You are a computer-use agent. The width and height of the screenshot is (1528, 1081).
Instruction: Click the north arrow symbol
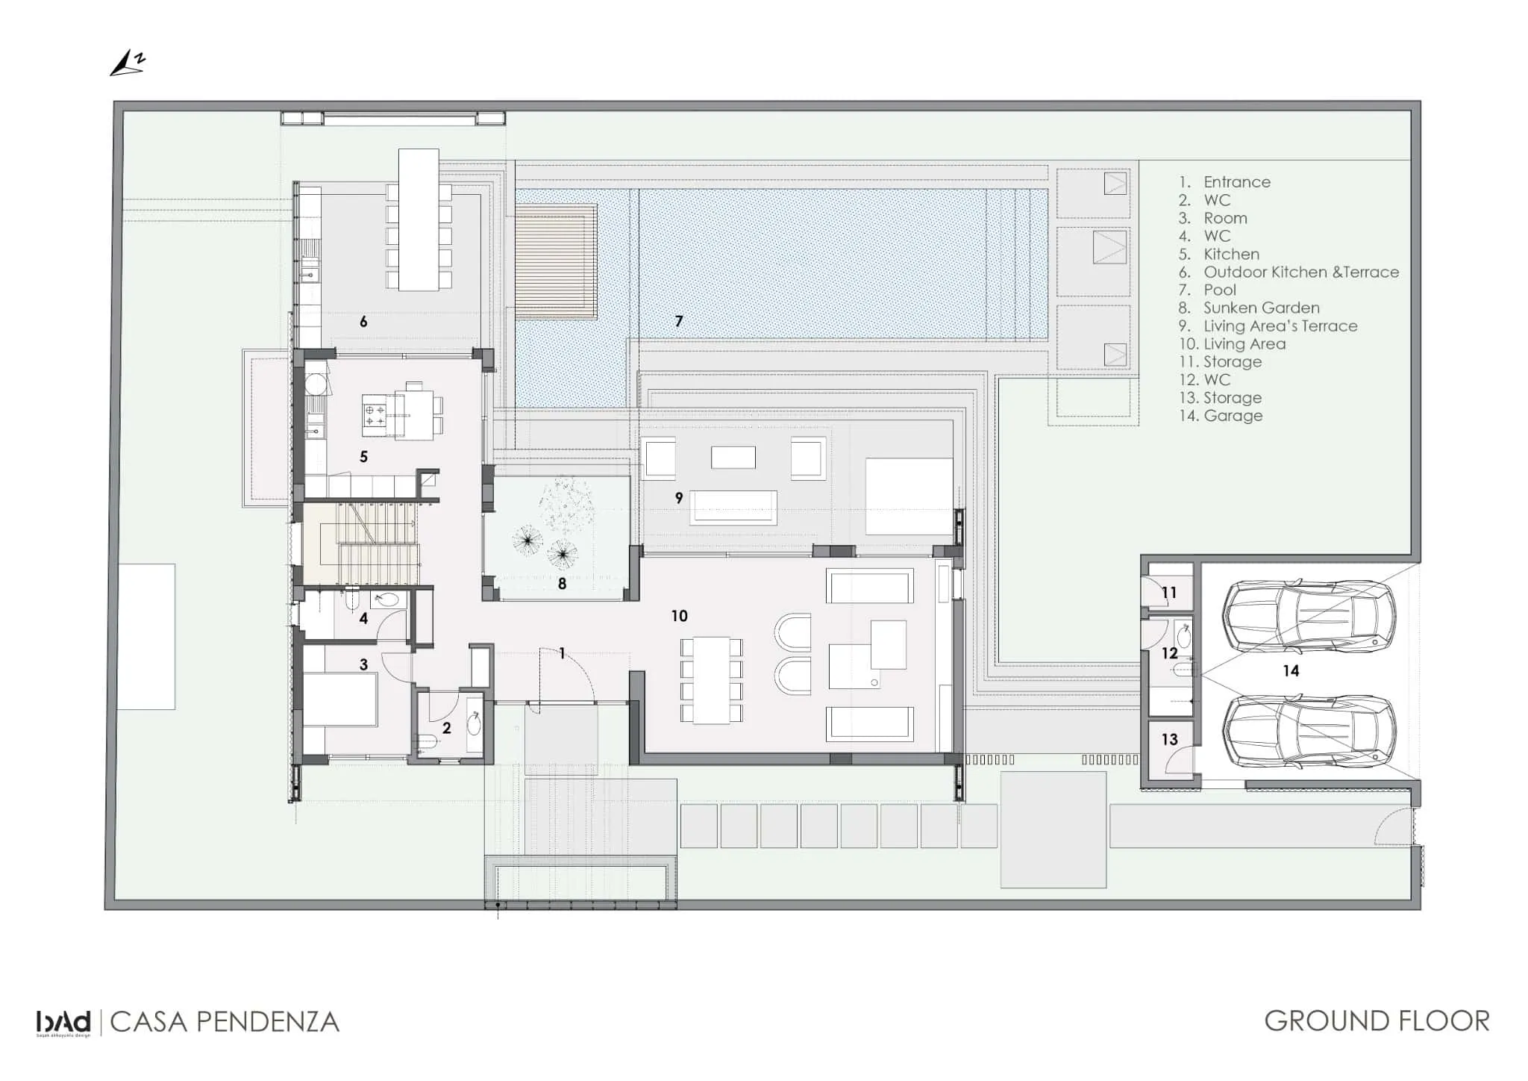tap(128, 64)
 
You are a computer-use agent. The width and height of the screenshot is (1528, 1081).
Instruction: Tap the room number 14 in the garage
tap(1291, 671)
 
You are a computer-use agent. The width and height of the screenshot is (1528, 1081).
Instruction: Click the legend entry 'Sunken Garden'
tap(1261, 308)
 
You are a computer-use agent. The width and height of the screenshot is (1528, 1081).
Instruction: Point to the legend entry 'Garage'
tap(1233, 416)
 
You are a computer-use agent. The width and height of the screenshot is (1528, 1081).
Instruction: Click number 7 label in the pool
tap(678, 322)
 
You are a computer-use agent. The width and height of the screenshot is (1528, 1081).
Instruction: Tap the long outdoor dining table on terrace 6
tap(418, 219)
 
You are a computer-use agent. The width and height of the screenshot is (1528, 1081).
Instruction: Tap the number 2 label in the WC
tap(446, 728)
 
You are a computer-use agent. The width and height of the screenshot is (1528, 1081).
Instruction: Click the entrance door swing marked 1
tap(567, 672)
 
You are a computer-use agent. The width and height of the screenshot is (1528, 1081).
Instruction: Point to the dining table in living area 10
tap(712, 679)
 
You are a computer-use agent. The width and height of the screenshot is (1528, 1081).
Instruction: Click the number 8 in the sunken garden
tap(562, 584)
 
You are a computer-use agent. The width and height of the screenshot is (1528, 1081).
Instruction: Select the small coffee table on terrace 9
tap(733, 457)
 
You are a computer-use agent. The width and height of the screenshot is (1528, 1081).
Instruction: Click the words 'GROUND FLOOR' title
tap(1377, 1021)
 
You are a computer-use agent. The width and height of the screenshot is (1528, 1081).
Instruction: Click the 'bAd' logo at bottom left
tap(63, 1022)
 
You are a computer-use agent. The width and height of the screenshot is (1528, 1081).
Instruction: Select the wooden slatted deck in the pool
tap(556, 261)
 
